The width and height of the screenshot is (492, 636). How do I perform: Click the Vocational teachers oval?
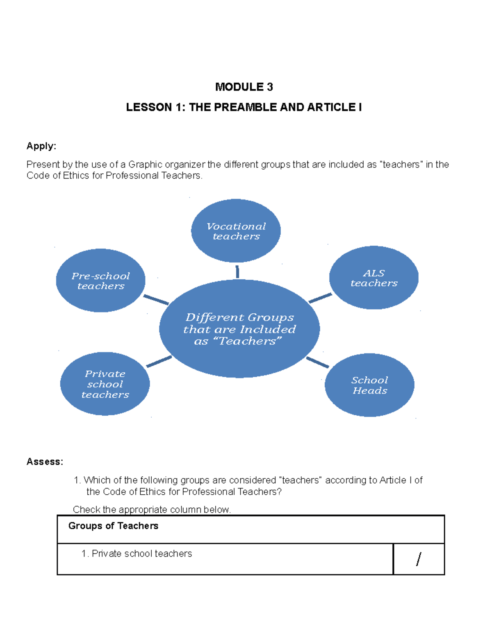click(x=236, y=231)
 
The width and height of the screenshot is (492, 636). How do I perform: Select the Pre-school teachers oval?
click(x=101, y=281)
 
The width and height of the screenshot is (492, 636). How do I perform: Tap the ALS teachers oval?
click(x=374, y=278)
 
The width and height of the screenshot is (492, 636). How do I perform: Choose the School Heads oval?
click(x=369, y=385)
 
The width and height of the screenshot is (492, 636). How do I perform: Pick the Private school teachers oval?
click(x=105, y=384)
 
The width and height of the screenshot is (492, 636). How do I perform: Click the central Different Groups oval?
click(x=239, y=329)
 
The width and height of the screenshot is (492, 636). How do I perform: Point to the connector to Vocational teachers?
click(x=237, y=272)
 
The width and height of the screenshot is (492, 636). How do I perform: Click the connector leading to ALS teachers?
click(x=320, y=298)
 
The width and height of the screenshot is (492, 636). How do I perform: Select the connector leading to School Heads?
click(x=317, y=362)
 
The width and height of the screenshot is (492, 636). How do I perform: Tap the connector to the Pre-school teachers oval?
click(x=156, y=300)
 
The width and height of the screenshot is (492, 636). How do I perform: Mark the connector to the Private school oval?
click(x=159, y=361)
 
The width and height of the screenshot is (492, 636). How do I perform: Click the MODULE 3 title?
click(x=244, y=87)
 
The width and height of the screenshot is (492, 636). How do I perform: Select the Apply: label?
click(x=41, y=146)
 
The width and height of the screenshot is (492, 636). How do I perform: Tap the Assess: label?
click(x=45, y=462)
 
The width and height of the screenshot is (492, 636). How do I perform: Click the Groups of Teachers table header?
click(x=113, y=526)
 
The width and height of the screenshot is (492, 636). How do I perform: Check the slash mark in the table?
click(x=418, y=559)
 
